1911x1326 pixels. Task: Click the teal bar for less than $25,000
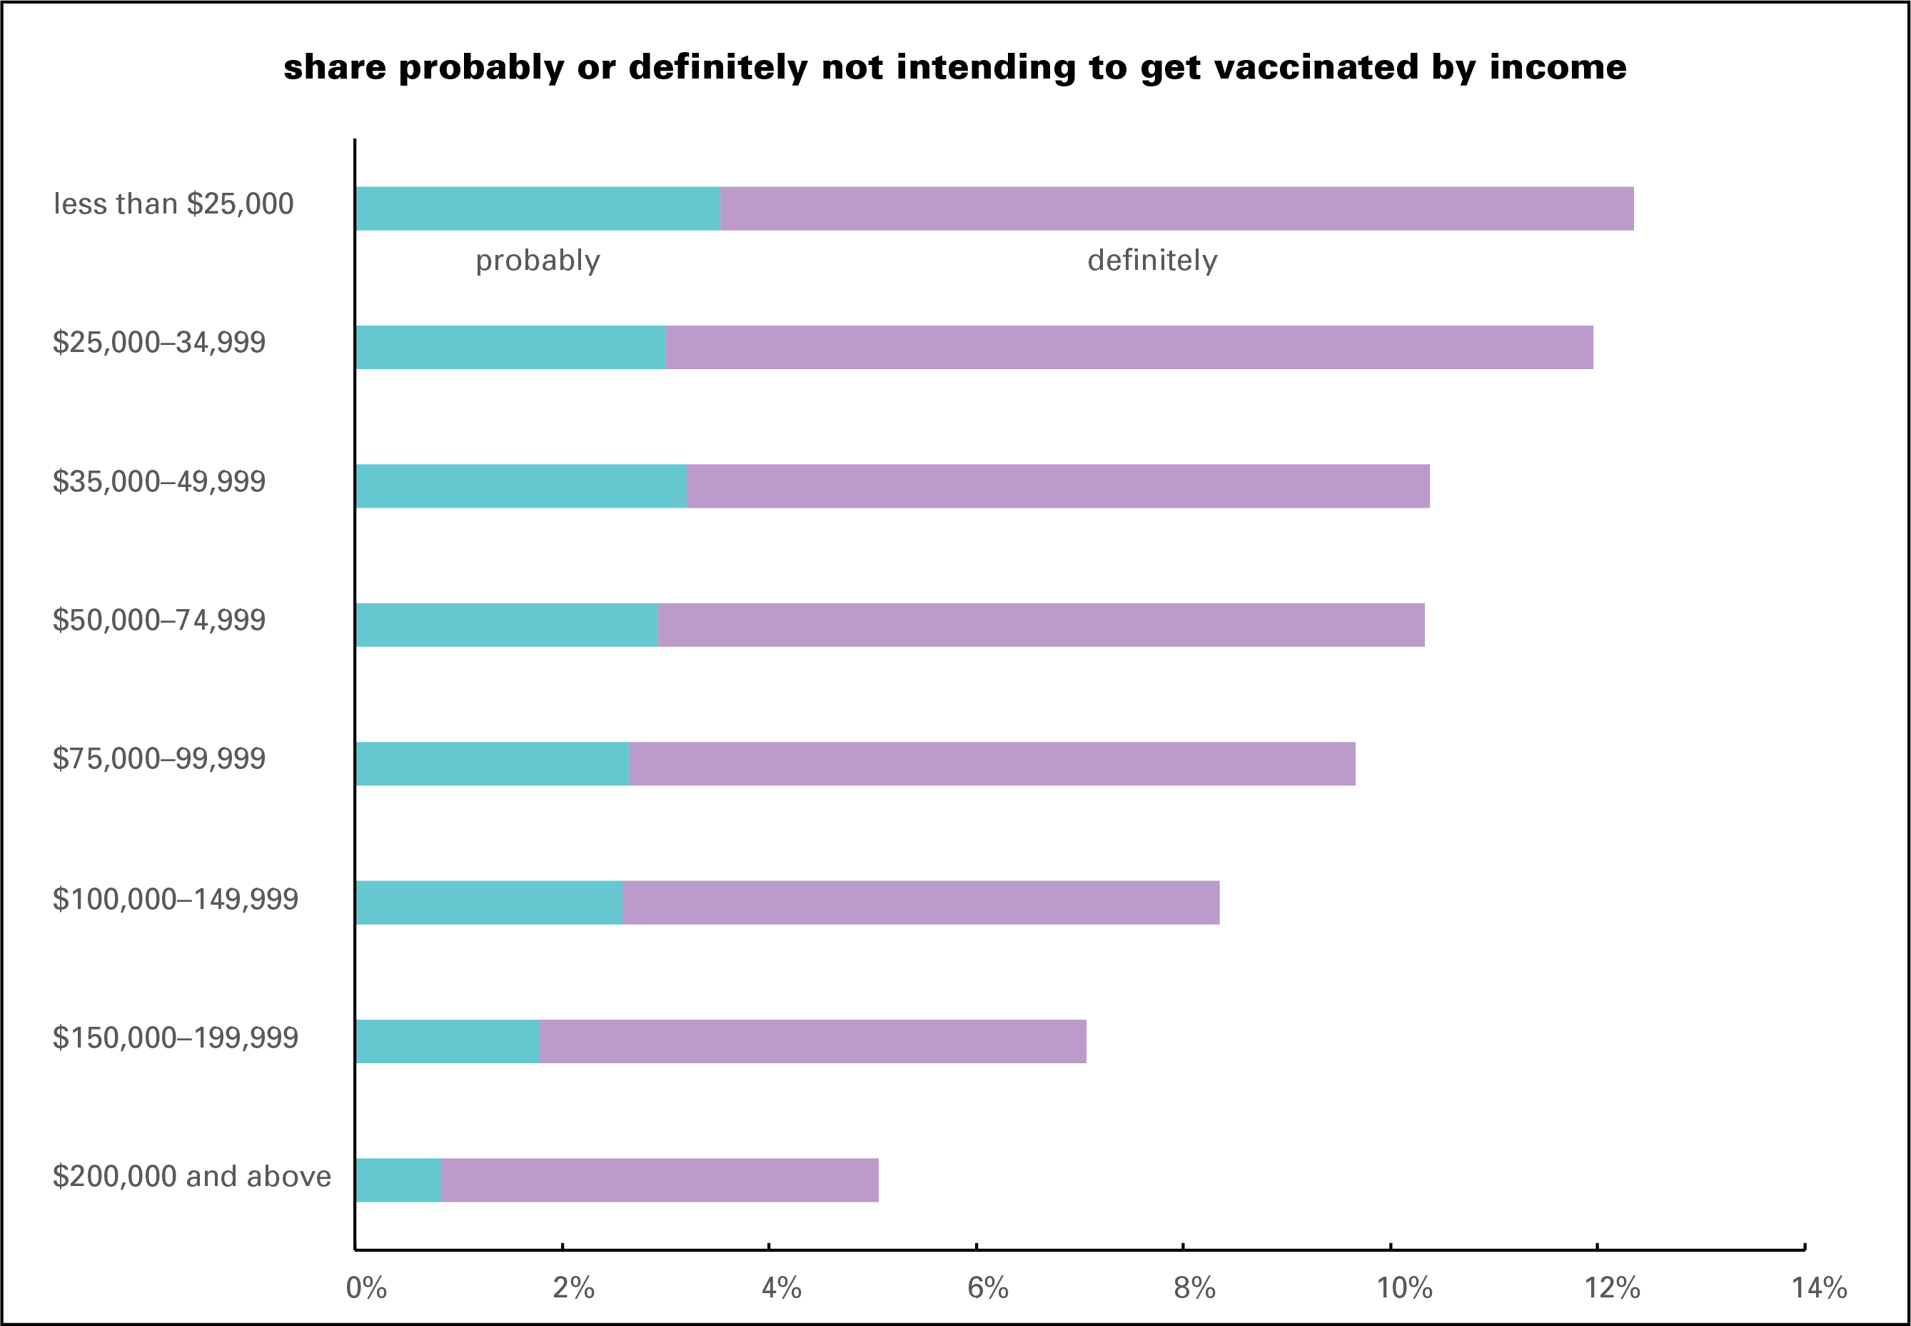point(538,209)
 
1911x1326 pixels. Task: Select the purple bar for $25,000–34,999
point(1129,347)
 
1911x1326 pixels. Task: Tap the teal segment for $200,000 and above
point(398,1180)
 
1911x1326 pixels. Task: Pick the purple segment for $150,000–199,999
point(812,1041)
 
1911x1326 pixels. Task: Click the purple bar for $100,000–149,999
point(920,903)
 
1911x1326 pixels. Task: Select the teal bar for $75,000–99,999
point(492,763)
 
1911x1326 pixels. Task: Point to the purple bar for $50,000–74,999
point(1041,625)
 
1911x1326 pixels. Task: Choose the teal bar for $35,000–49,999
point(520,486)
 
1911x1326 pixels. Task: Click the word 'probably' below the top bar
point(538,261)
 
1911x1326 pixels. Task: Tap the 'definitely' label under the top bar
point(1152,261)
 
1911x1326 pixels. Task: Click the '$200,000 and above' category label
point(192,1177)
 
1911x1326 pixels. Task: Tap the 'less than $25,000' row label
point(173,204)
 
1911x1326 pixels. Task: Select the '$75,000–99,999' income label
point(158,758)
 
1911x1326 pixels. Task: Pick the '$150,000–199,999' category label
point(175,1038)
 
